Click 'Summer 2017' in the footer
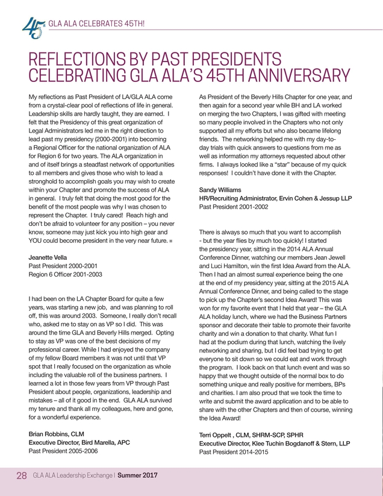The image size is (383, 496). [137, 477]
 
